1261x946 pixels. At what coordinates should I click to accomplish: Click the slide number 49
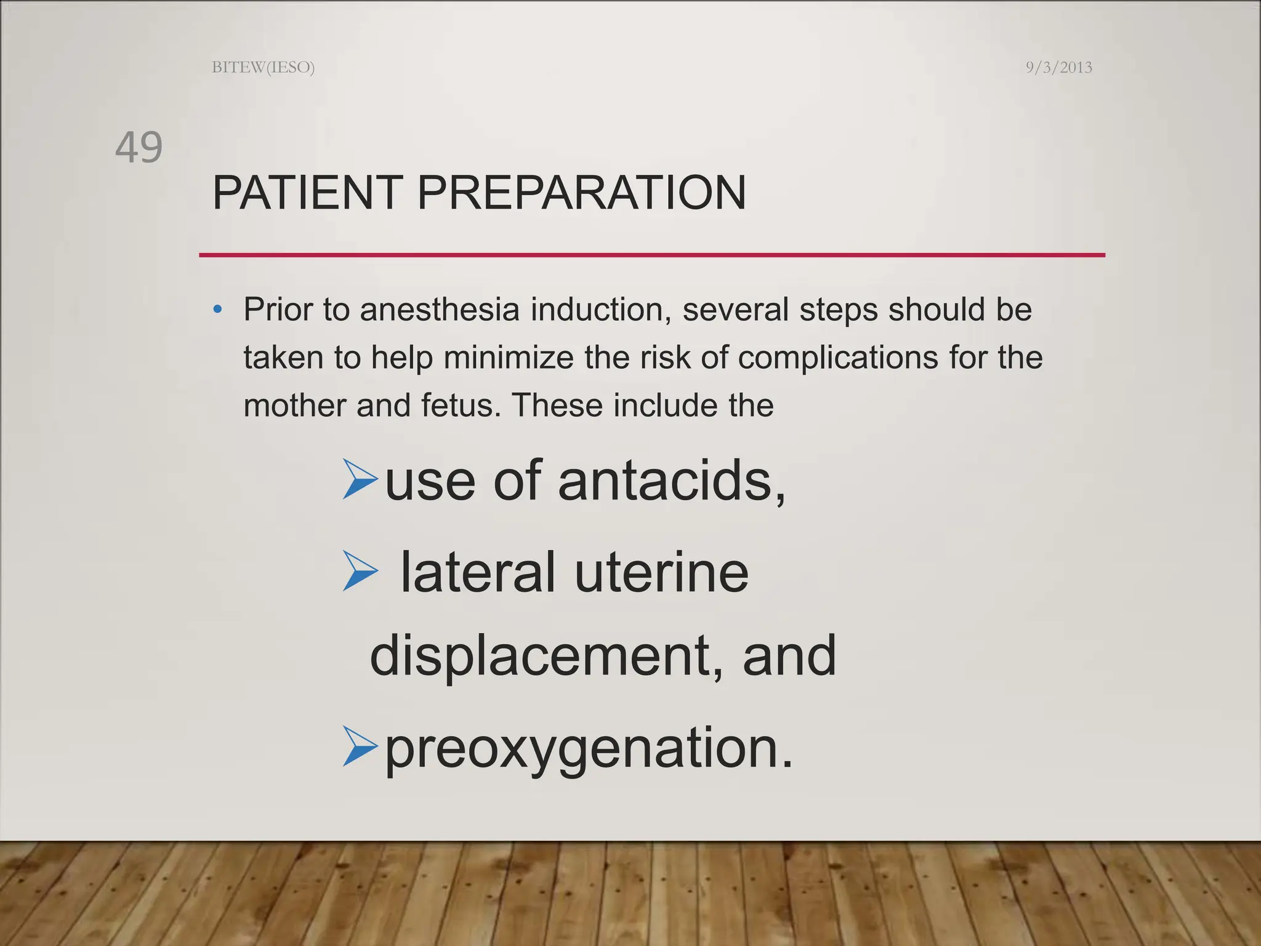coord(139,148)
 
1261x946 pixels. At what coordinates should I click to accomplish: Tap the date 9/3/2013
coord(1058,67)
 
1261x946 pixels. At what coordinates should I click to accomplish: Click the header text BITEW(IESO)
coord(263,67)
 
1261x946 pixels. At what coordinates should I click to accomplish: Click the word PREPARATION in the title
coord(581,193)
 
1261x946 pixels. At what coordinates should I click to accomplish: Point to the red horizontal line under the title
coord(651,254)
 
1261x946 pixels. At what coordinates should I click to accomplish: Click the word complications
coord(837,358)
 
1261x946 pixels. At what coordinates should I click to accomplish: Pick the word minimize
coord(508,358)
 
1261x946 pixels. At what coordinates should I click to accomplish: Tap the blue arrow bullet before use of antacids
coord(360,480)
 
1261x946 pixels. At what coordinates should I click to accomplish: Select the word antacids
coord(671,481)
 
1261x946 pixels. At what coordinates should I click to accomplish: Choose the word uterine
coord(661,573)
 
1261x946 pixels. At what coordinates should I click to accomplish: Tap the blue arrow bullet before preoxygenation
coord(360,746)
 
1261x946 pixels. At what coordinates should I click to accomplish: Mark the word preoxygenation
coord(589,749)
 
